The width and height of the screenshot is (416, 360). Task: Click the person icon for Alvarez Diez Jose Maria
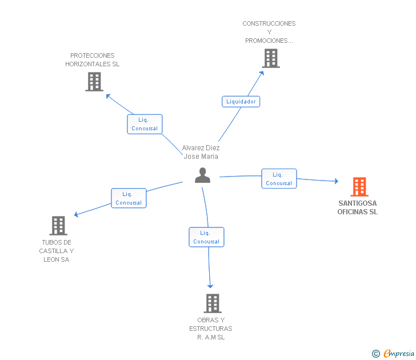click(x=202, y=175)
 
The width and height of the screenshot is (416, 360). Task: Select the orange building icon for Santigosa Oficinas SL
click(x=359, y=187)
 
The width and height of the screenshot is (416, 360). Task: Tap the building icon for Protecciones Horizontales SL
click(x=94, y=82)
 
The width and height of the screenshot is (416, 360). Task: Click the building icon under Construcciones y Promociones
click(x=271, y=58)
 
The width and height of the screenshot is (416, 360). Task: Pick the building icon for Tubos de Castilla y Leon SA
click(x=58, y=226)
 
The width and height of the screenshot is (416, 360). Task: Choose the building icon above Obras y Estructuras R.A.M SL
click(x=213, y=303)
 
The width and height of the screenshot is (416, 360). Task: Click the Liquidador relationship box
click(x=241, y=102)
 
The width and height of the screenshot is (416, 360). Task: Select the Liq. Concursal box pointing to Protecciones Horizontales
click(x=145, y=124)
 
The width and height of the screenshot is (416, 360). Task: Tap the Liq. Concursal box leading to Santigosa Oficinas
click(x=279, y=179)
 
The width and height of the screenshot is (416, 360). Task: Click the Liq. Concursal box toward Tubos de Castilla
click(x=129, y=198)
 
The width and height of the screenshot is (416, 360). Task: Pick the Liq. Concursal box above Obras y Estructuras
click(x=206, y=237)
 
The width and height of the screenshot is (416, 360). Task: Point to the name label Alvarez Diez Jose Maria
click(x=201, y=152)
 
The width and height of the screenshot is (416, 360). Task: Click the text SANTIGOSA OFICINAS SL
click(x=357, y=207)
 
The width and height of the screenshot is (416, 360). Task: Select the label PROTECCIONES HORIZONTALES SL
click(x=93, y=59)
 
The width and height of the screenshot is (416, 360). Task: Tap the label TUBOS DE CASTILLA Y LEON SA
click(x=57, y=251)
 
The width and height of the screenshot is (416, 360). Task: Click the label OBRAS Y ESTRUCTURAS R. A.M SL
click(x=211, y=329)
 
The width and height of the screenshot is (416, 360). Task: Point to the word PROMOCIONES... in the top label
click(x=269, y=41)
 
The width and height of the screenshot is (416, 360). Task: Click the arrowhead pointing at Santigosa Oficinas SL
click(x=337, y=181)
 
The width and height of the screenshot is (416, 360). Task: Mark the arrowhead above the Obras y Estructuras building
click(x=210, y=286)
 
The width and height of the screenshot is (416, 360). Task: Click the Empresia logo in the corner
click(x=393, y=354)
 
